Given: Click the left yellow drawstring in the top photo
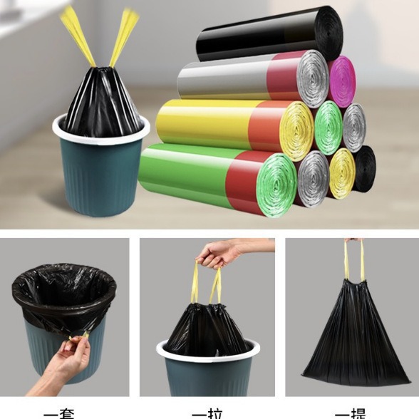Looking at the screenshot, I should coord(77,35).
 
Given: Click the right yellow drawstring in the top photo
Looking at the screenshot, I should coord(123,35).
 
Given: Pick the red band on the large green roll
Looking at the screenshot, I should coord(239,181).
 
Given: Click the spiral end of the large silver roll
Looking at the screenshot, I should coord(312,78).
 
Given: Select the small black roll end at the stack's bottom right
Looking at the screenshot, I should coord(364,169).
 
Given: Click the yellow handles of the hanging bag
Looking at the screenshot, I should coord(353,260).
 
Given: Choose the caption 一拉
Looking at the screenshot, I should coord(207,413).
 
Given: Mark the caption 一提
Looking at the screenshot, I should coord(351,413).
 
